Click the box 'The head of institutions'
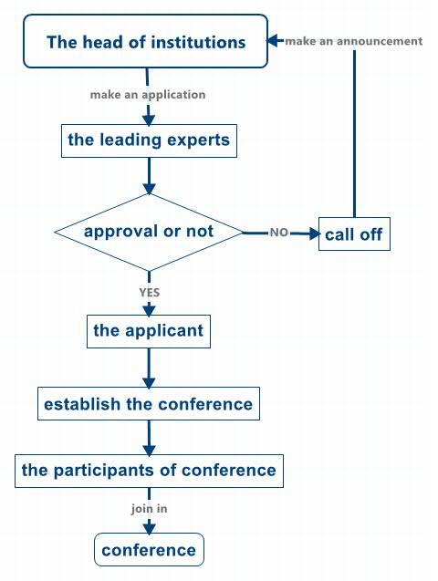(x=146, y=41)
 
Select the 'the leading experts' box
(x=149, y=140)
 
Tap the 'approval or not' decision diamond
(x=149, y=233)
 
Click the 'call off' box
(x=354, y=233)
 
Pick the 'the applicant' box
(x=149, y=331)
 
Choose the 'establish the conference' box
(x=149, y=403)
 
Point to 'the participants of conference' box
(x=149, y=471)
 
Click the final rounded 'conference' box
(x=149, y=549)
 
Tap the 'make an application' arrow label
(x=148, y=95)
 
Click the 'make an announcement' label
(x=354, y=41)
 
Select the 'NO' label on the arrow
(x=279, y=233)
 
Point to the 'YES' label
(x=150, y=293)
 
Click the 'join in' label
(x=149, y=508)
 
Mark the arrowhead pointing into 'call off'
(x=315, y=233)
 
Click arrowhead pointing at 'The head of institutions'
(x=272, y=40)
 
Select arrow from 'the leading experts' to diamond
(x=149, y=176)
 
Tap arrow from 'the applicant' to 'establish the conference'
(x=149, y=368)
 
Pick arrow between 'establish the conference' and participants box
(x=149, y=438)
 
